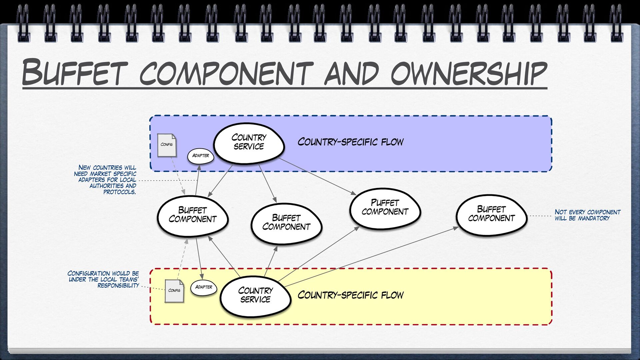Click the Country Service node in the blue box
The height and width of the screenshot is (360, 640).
[249, 143]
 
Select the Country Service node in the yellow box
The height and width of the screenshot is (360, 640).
[255, 296]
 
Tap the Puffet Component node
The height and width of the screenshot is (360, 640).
[385, 208]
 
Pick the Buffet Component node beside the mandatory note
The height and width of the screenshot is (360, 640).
[491, 214]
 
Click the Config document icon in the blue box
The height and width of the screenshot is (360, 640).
[167, 145]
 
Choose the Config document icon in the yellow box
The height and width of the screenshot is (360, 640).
[174, 291]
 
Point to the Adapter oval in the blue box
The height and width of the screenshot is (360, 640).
[201, 156]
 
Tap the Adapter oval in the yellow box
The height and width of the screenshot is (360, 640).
[204, 287]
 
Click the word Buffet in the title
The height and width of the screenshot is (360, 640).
[75, 72]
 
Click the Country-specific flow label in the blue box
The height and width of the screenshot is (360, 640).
[350, 142]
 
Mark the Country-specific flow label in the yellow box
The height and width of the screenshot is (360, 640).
[350, 295]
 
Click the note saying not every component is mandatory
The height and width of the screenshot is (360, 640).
[587, 215]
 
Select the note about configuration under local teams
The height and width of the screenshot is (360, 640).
[103, 279]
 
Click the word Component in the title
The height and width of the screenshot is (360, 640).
[227, 73]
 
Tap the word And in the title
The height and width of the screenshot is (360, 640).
[352, 73]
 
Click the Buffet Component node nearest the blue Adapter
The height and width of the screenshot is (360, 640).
[193, 215]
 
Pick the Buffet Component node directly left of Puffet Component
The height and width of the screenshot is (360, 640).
[286, 223]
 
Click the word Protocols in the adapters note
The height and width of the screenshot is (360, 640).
[119, 192]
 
